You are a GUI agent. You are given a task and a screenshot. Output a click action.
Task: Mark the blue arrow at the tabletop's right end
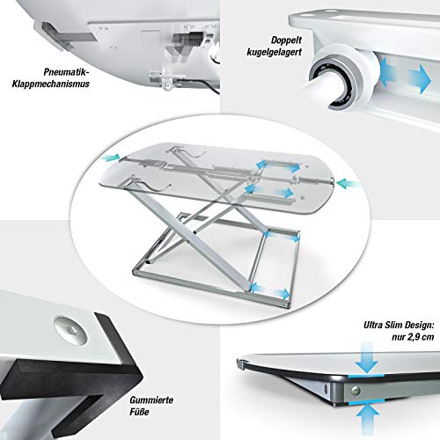(347, 185)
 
